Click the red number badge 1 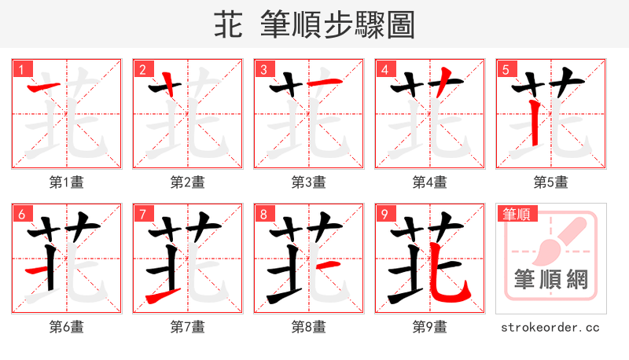(x=20, y=69)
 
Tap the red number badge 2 (x=142, y=69)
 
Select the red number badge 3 (x=263, y=69)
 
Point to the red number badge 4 (x=384, y=69)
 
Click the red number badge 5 (x=505, y=69)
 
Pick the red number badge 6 (x=20, y=214)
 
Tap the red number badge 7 (x=142, y=214)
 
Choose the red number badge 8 (x=263, y=214)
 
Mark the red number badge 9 (x=384, y=214)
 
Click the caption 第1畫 (x=67, y=182)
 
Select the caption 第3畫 (x=309, y=182)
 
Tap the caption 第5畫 (x=551, y=182)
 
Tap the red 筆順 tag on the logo (x=517, y=214)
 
